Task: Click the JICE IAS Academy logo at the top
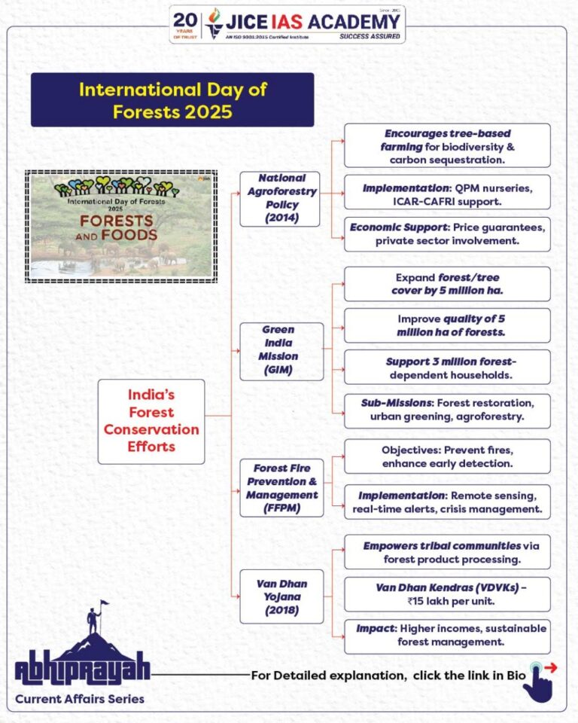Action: [287, 24]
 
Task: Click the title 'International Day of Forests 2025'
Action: [172, 100]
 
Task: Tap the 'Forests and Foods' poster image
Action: [121, 226]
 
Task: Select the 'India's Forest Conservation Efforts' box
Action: [151, 421]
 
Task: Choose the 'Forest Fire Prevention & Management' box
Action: [281, 488]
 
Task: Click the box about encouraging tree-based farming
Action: [447, 145]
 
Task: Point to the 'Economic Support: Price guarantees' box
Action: [447, 234]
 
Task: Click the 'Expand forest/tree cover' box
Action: [447, 284]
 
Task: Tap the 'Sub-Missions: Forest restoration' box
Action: [447, 410]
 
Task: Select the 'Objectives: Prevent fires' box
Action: [447, 456]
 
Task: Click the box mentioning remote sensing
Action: [447, 502]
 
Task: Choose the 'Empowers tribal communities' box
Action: [447, 552]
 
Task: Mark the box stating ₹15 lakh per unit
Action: [447, 594]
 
